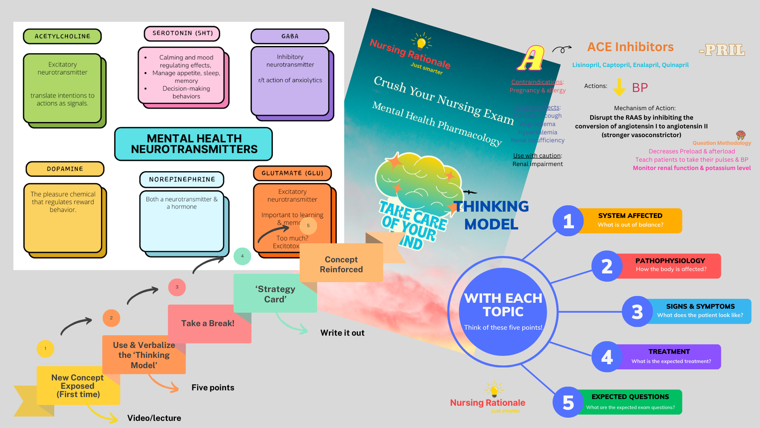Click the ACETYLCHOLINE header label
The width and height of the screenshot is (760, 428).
62,36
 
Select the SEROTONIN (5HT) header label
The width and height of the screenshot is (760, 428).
182,33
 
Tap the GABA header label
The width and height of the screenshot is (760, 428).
290,36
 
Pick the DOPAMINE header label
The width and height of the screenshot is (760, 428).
65,169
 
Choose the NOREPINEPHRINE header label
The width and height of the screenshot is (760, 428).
182,180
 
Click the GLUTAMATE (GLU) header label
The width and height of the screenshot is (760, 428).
292,173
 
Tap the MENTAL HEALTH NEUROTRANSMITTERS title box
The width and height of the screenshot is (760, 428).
194,144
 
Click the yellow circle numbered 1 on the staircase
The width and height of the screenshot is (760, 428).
46,349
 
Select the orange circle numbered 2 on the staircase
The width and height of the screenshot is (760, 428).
111,318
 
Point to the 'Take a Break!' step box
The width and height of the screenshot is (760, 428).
208,323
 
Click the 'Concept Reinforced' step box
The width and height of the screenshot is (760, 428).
341,264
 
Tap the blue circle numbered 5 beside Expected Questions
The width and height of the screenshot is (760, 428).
568,402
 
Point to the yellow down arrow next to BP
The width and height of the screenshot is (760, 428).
619,87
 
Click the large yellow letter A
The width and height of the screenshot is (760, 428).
531,59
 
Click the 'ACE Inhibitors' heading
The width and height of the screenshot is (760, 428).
630,47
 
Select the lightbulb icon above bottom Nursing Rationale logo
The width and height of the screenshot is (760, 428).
494,390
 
